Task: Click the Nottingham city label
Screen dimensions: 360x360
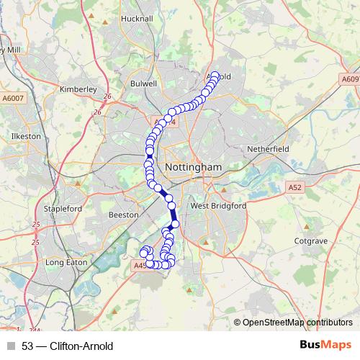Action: point(193,167)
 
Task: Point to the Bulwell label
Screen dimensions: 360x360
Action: point(143,84)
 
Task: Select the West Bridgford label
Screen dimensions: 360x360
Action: point(218,206)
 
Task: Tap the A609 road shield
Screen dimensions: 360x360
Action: point(349,79)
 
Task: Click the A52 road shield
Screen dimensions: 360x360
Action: point(294,186)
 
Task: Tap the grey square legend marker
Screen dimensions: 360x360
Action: point(11,346)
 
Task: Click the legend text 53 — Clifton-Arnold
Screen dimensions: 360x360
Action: point(68,346)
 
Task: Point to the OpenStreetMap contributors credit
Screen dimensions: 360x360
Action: point(297,323)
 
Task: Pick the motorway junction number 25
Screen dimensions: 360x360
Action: point(35,225)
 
